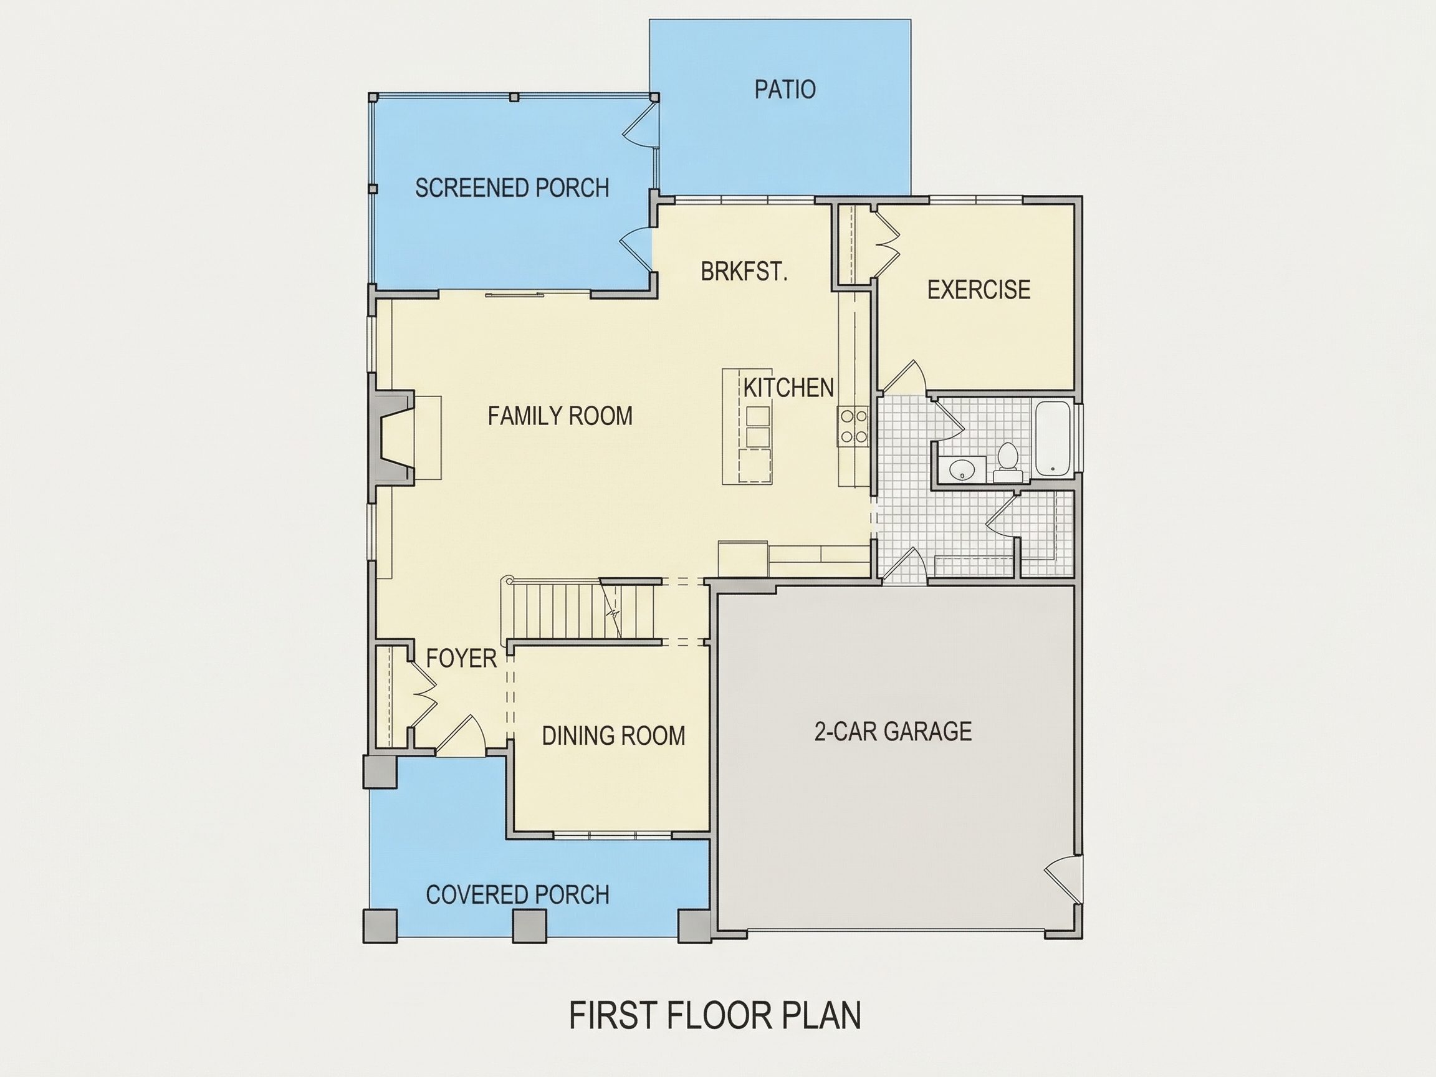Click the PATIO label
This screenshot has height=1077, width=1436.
[784, 89]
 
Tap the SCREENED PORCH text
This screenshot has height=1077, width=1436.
[512, 188]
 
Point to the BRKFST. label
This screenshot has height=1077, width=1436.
[744, 270]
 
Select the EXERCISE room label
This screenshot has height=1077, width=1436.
[979, 290]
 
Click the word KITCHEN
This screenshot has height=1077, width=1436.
[788, 388]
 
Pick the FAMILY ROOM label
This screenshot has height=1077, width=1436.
[560, 416]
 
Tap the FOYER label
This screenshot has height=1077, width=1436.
[461, 658]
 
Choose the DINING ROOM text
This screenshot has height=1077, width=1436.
[613, 735]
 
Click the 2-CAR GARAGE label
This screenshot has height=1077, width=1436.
[893, 731]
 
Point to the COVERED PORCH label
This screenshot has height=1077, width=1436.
[517, 894]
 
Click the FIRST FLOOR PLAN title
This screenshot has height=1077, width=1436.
[716, 1015]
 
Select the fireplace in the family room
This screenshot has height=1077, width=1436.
[393, 438]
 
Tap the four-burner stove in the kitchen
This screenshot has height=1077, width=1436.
[853, 426]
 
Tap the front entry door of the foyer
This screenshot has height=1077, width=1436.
[462, 736]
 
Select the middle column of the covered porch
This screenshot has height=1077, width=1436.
[529, 926]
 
